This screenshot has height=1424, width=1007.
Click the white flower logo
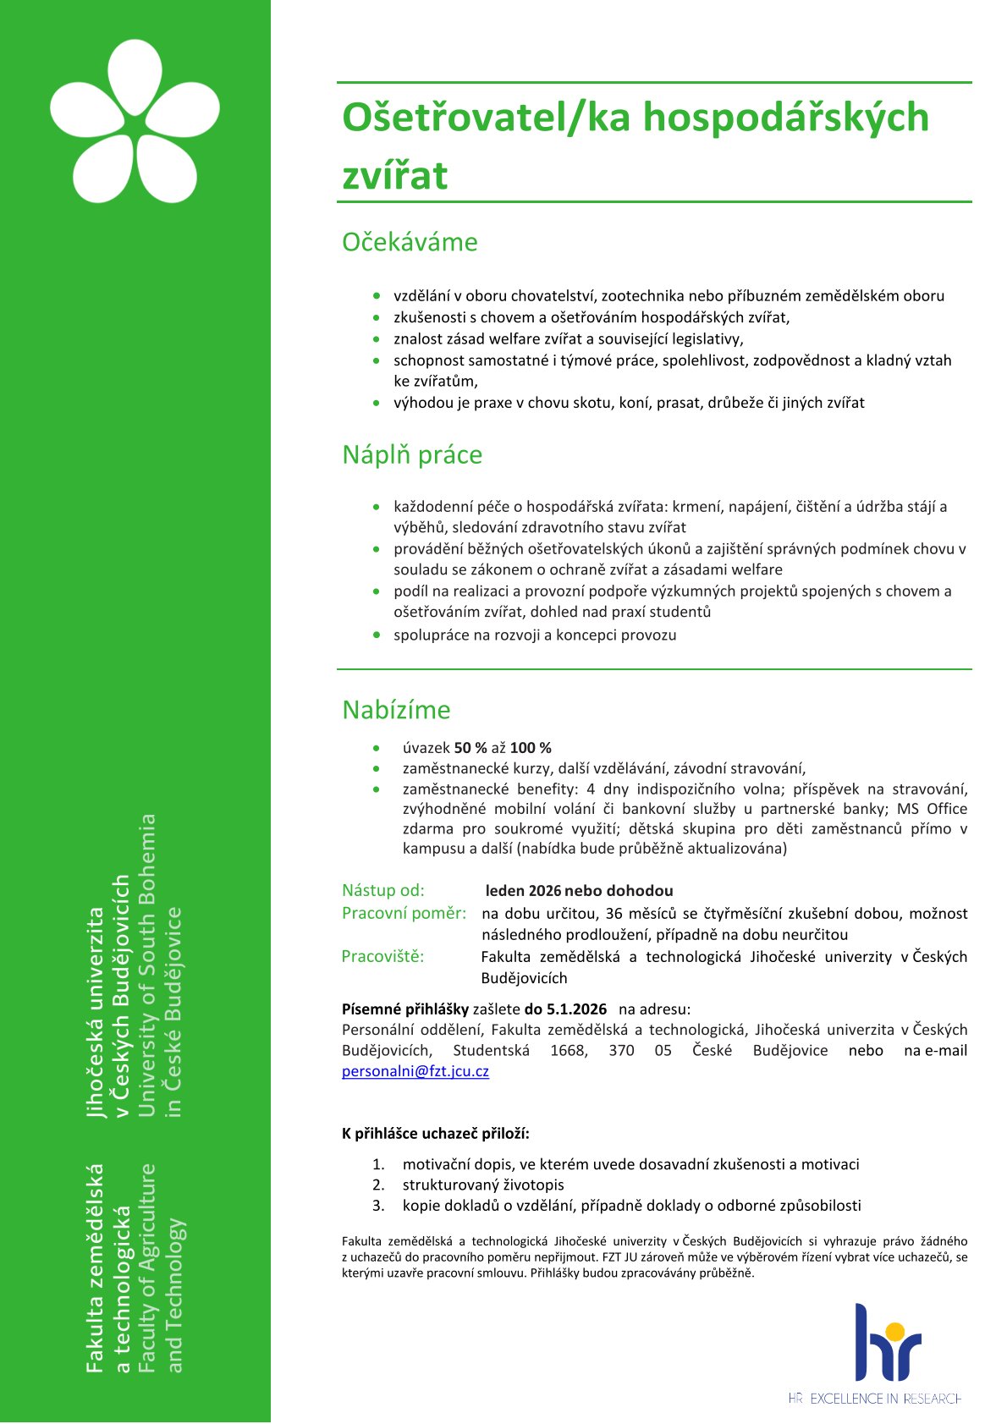pyautogui.click(x=135, y=121)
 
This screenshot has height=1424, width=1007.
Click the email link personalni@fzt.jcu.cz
pyautogui.click(x=415, y=1071)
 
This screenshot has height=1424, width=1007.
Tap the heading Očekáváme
pyautogui.click(x=410, y=242)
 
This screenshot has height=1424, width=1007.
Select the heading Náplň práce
pyautogui.click(x=412, y=454)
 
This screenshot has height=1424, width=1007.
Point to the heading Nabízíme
pyautogui.click(x=396, y=709)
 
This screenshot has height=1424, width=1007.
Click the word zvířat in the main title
pyautogui.click(x=394, y=175)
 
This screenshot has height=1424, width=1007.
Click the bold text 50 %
pyautogui.click(x=470, y=748)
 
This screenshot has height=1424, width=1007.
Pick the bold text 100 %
pyautogui.click(x=531, y=748)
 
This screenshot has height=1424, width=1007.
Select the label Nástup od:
pyautogui.click(x=383, y=890)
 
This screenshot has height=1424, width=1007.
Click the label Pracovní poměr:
pyautogui.click(x=404, y=913)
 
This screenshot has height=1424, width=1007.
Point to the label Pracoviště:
pyautogui.click(x=382, y=956)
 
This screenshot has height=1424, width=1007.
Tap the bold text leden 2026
pyautogui.click(x=523, y=890)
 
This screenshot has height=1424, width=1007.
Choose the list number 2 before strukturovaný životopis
pyautogui.click(x=378, y=1185)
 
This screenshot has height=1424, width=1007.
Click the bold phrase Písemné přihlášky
pyautogui.click(x=404, y=1009)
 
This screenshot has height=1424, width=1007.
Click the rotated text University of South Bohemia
pyautogui.click(x=147, y=965)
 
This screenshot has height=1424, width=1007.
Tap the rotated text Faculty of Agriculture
pyautogui.click(x=147, y=1267)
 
